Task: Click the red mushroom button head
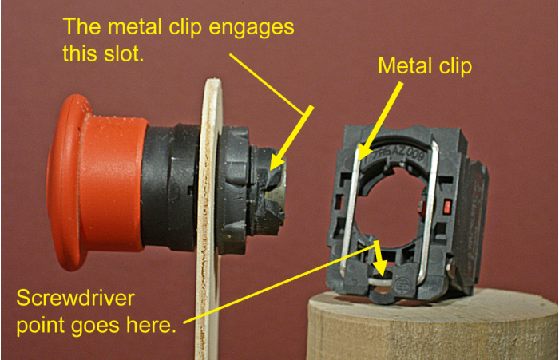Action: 97,183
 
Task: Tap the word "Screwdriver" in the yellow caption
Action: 76,298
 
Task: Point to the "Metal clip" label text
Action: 425,66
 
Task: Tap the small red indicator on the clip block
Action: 447,206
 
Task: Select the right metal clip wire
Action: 429,210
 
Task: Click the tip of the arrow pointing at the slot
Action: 271,170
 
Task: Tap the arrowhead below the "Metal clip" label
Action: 361,152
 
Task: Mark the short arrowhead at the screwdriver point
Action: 380,268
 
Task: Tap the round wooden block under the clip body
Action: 432,325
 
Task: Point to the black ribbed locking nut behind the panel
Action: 234,190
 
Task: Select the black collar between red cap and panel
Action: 171,187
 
